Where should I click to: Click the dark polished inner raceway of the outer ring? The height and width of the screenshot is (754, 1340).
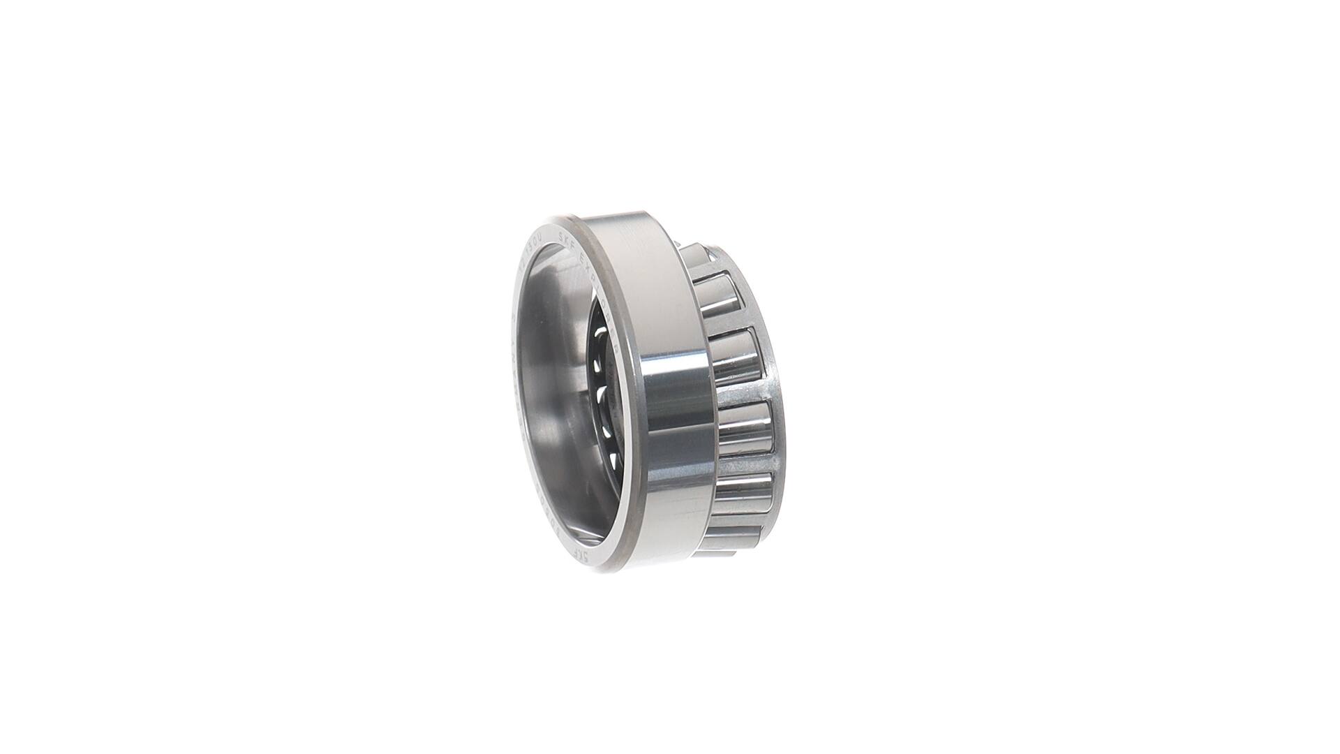(x=551, y=391)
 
